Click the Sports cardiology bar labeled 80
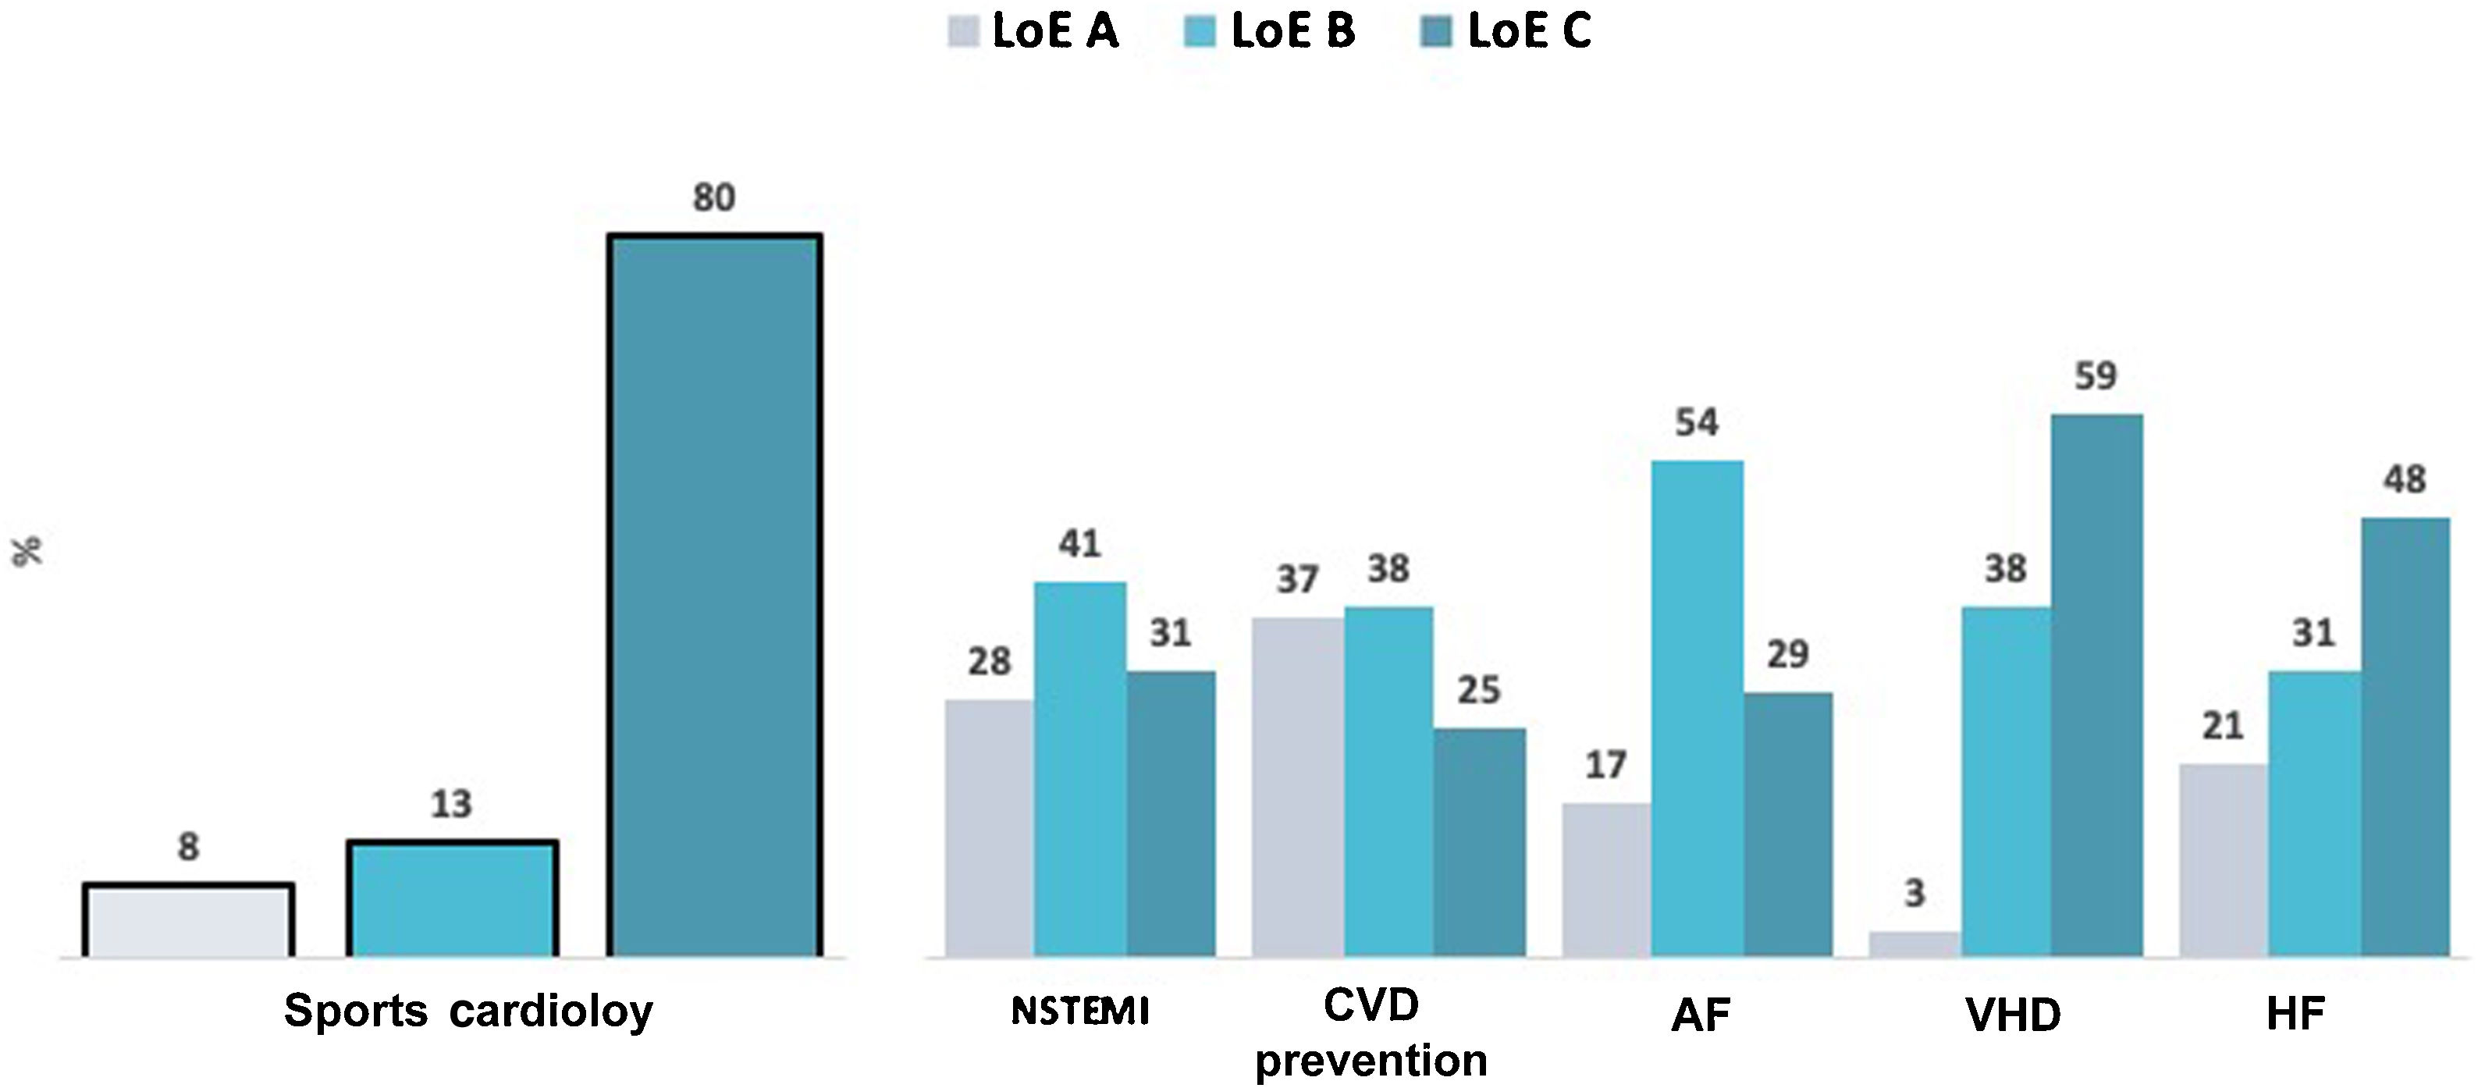coord(714,596)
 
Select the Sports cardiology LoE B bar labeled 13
coord(452,899)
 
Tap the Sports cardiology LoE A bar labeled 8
coord(189,921)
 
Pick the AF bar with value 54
coord(1697,709)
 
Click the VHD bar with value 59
coord(2096,686)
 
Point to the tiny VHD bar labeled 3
coord(1914,944)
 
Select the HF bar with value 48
coord(2405,738)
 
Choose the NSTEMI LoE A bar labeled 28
coord(989,828)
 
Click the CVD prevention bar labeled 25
coord(1478,843)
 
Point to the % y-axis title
coord(28,551)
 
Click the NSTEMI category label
coord(1080,1012)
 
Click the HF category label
coord(2295,1014)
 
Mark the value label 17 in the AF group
coord(1605,766)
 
